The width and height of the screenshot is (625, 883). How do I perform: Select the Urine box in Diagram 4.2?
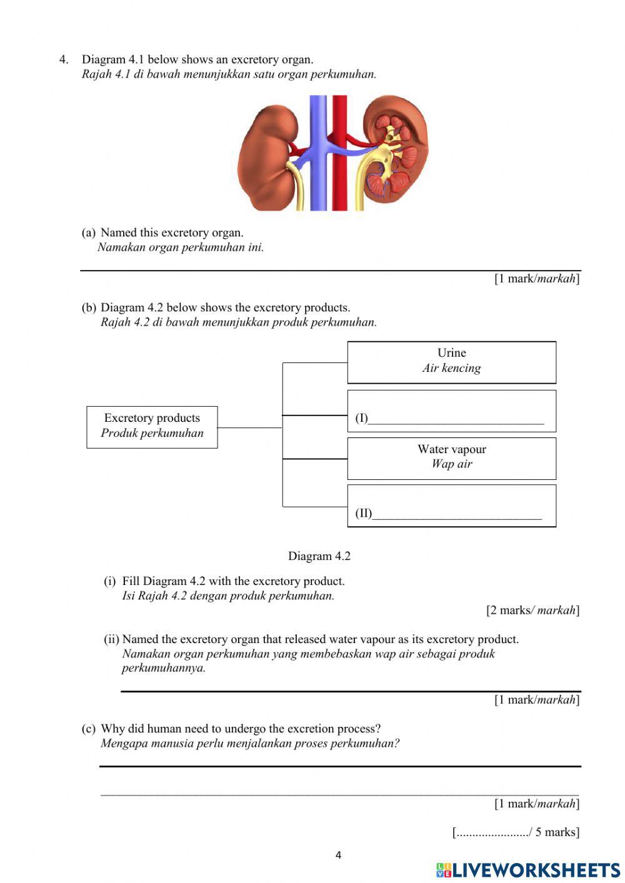(x=451, y=362)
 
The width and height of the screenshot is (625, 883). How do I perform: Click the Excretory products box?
(x=152, y=427)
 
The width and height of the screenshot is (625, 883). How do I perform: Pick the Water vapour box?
(x=451, y=458)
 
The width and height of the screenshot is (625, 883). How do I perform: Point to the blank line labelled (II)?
(x=456, y=515)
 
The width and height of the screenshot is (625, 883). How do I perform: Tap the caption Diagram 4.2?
(x=319, y=556)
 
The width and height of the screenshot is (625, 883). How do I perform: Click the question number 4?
(x=63, y=60)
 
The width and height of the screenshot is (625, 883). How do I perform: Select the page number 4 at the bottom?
(x=338, y=855)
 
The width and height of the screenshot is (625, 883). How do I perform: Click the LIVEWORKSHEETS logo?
(x=528, y=870)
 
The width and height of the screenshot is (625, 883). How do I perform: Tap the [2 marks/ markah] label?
(x=532, y=611)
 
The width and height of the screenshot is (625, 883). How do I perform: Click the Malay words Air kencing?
(x=451, y=368)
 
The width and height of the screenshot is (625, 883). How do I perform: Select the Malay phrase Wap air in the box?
(x=451, y=464)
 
